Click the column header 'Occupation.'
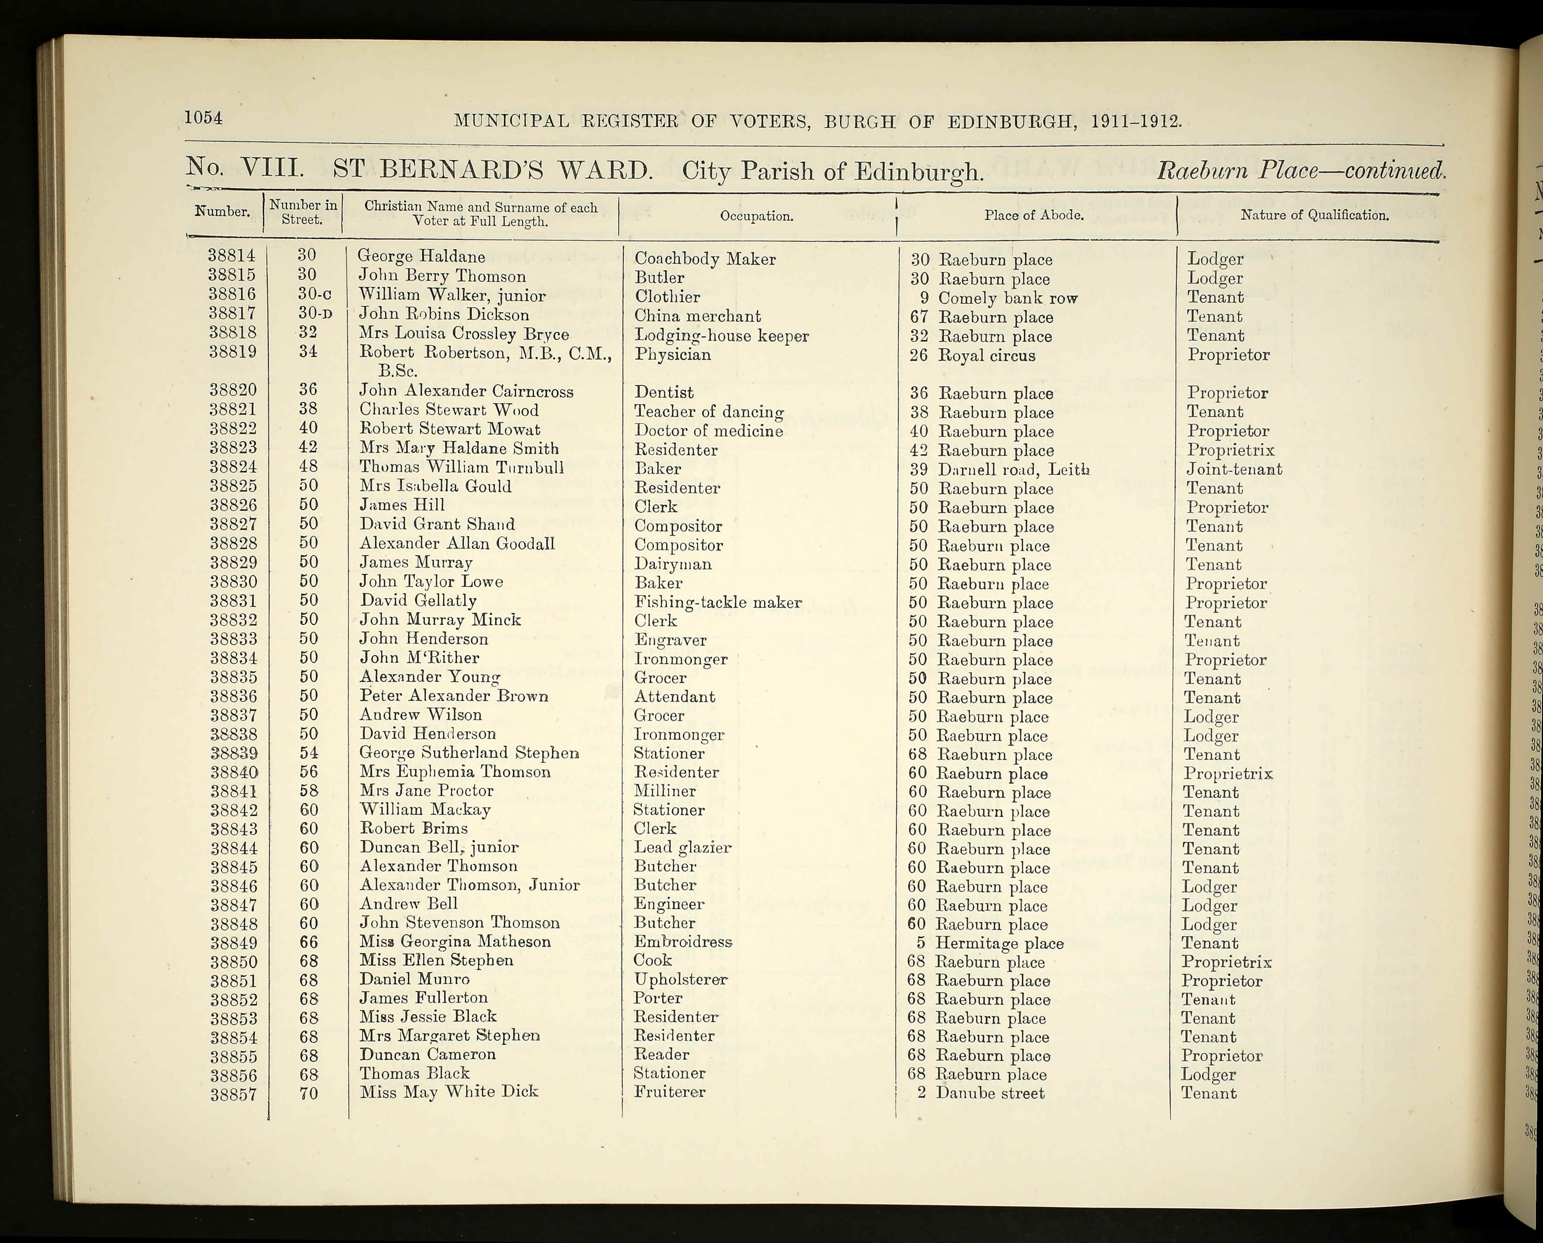pos(757,216)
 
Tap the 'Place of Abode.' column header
pos(1033,215)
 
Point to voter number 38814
pos(231,256)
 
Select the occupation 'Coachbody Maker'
pos(704,259)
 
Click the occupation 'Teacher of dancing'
pos(708,412)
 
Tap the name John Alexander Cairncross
pos(466,391)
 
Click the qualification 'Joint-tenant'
pos(1234,469)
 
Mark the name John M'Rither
pos(419,657)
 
